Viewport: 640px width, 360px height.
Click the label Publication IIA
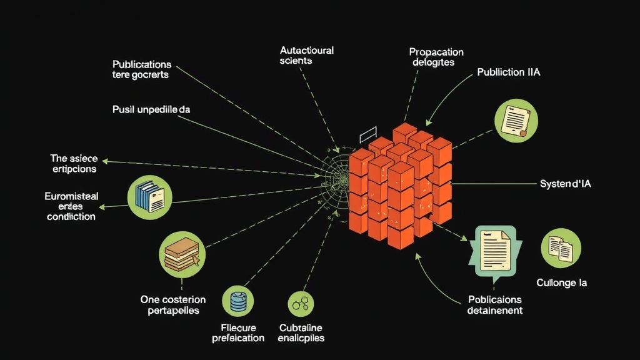(x=508, y=72)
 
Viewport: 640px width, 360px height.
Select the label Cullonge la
(x=561, y=282)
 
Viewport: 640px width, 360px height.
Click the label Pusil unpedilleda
(x=151, y=109)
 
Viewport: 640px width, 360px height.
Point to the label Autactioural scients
(x=306, y=56)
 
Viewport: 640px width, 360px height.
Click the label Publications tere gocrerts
(x=141, y=69)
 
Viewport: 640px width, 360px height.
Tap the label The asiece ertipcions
(x=74, y=163)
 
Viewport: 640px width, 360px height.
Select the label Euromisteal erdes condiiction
(x=71, y=206)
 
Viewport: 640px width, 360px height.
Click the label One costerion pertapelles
(x=170, y=305)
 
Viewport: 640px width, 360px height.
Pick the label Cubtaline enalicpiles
(x=301, y=332)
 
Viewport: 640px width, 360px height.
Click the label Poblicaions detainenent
(x=495, y=305)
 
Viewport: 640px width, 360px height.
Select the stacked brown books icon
(x=181, y=254)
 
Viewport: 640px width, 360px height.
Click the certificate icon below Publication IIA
(x=516, y=121)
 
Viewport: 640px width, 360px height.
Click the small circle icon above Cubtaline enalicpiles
(x=301, y=304)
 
